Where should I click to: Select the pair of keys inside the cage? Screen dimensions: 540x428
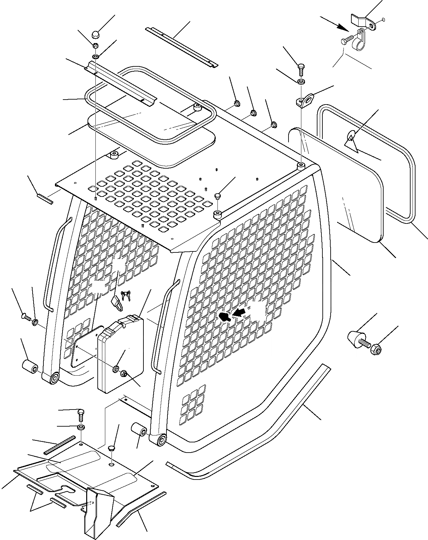coord(126,296)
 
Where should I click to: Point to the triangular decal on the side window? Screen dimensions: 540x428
coord(351,143)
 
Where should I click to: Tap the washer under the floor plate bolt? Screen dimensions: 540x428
coord(81,428)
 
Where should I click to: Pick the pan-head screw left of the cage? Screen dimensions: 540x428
coord(26,317)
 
